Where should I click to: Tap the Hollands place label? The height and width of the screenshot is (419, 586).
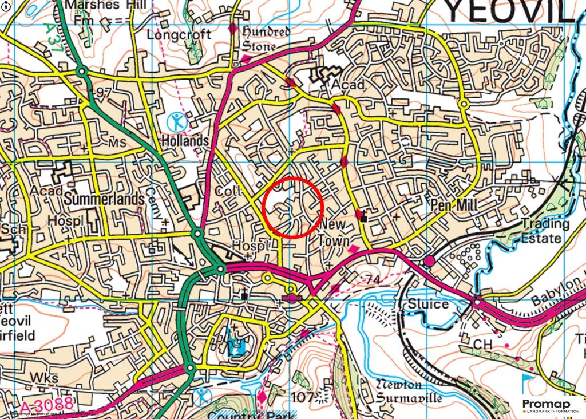click(185, 140)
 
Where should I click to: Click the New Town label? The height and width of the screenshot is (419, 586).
click(333, 232)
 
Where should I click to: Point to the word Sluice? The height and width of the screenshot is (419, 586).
click(428, 303)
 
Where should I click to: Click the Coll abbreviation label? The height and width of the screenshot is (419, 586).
click(229, 191)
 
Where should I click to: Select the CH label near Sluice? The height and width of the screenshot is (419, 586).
click(484, 343)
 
